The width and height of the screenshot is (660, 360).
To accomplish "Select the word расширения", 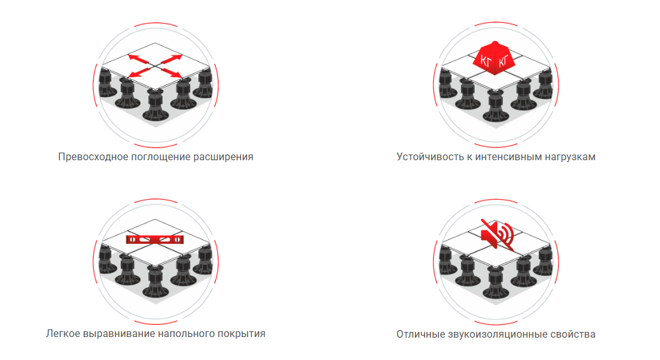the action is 223,157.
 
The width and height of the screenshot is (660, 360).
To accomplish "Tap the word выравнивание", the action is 119,334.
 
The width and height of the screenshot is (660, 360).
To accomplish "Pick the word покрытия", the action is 241,334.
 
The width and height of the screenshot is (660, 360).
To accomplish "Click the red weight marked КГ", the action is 495,58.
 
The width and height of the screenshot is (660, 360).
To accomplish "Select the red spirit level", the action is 155,239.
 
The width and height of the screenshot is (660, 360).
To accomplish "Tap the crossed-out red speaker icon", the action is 497,234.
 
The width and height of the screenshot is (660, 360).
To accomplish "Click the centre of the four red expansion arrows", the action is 155,66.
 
